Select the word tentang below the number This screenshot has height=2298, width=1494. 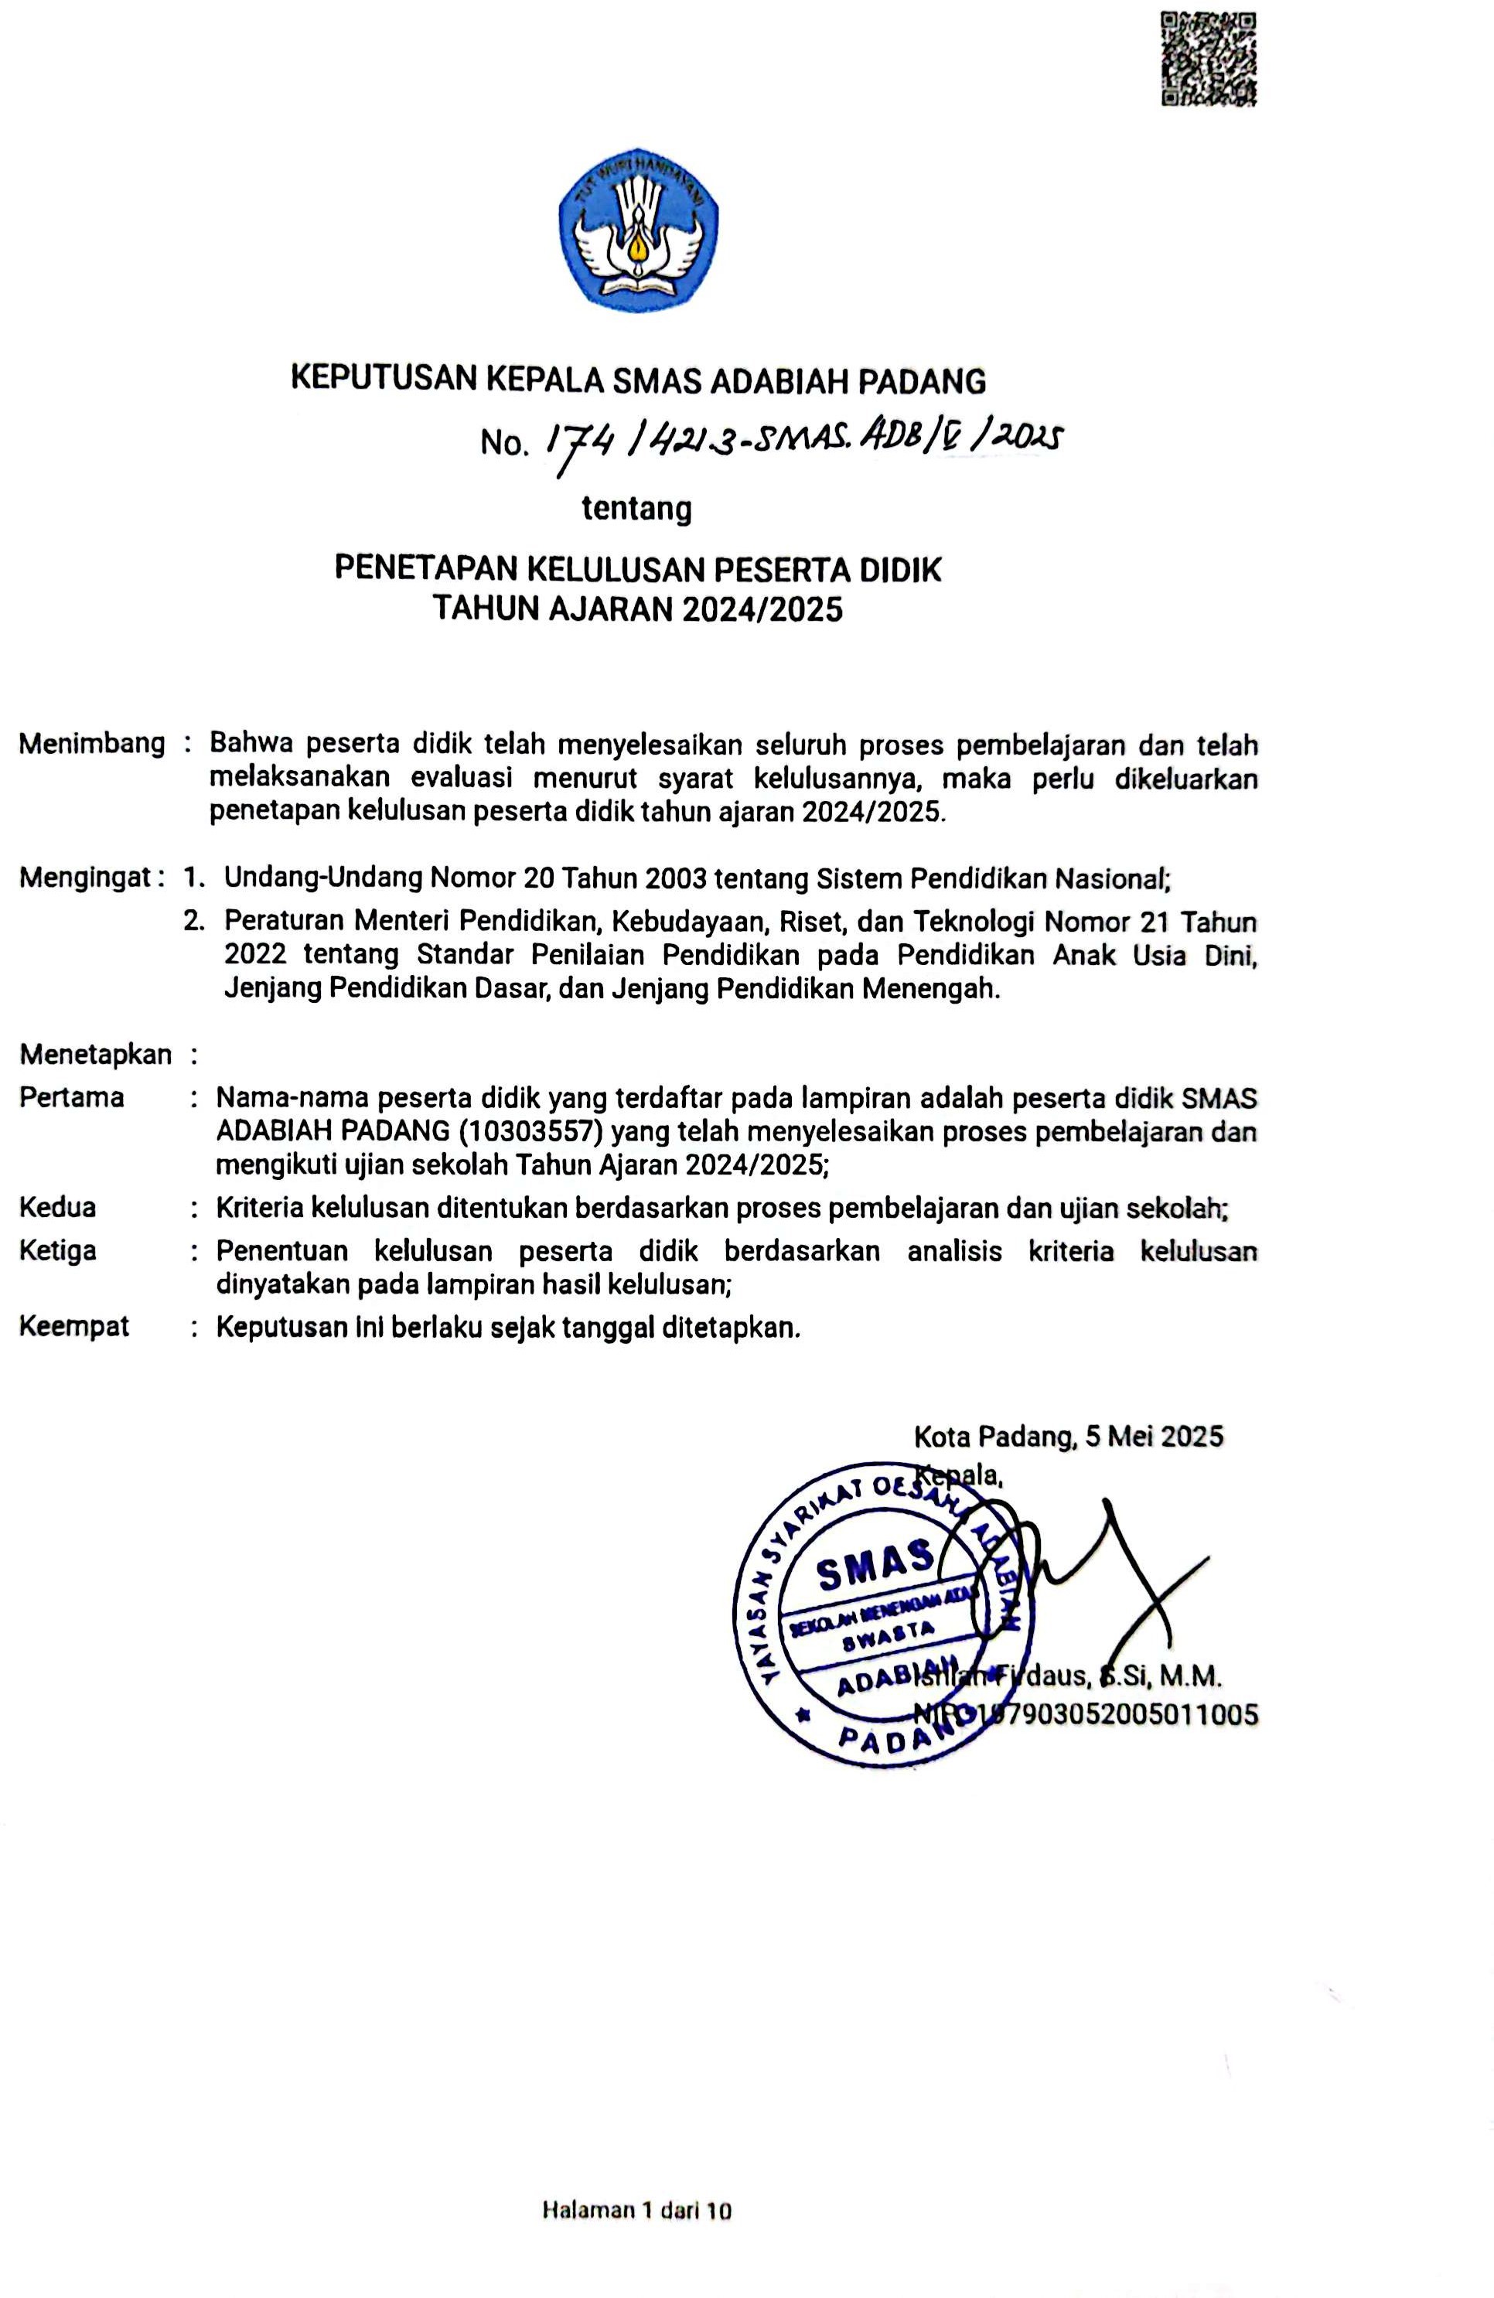[636, 508]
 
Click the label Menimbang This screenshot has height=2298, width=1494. [92, 744]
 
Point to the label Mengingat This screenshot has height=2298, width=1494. [85, 878]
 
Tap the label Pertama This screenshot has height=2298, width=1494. [71, 1098]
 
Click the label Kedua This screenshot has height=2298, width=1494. [58, 1208]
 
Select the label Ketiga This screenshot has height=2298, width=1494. [58, 1251]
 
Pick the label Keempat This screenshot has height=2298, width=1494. [74, 1327]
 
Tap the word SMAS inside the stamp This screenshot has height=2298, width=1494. [874, 1573]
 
